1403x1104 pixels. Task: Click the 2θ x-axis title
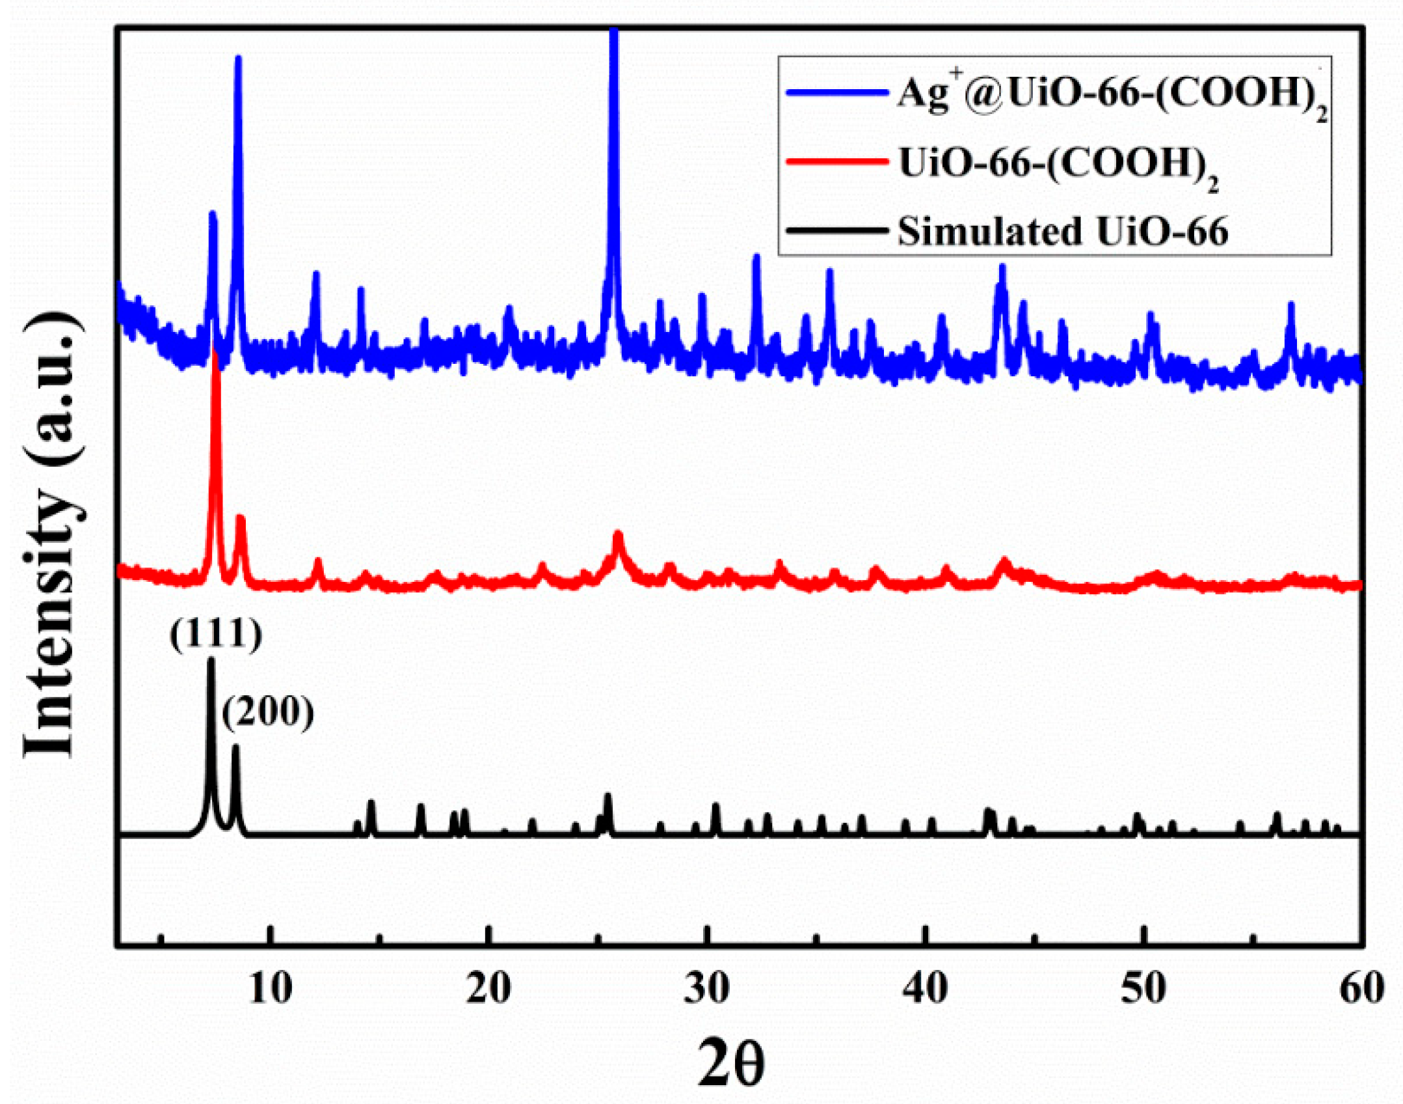[x=731, y=1062]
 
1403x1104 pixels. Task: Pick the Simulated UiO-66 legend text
[x=1063, y=231]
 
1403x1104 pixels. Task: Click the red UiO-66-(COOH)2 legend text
[x=1058, y=164]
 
